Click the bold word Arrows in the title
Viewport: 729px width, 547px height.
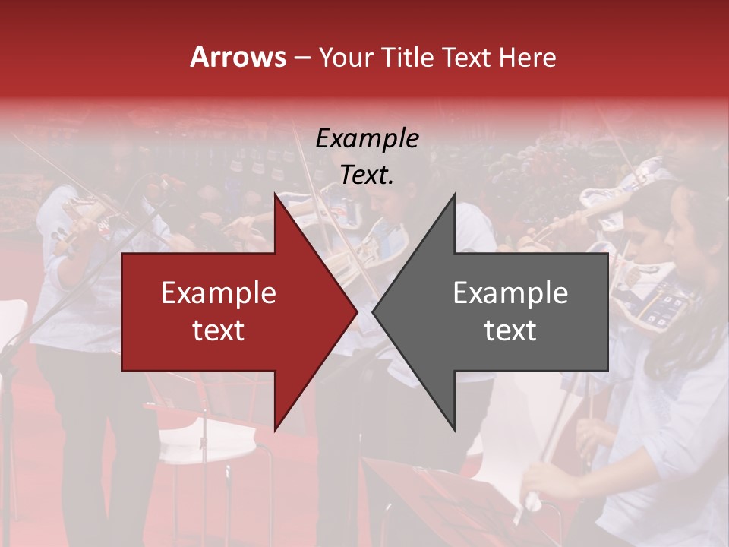pos(238,57)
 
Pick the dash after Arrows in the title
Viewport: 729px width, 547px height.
pos(301,58)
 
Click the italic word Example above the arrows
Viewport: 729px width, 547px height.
pos(368,139)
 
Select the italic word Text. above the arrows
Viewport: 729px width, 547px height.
pos(368,175)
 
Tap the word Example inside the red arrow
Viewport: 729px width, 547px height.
pos(219,293)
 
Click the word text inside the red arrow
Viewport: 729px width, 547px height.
pos(219,330)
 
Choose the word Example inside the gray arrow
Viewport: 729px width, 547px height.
pos(510,293)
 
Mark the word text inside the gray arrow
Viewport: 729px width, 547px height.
pos(510,330)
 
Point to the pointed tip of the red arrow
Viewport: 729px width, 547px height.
pos(357,311)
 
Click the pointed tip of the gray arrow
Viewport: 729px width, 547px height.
pos(373,311)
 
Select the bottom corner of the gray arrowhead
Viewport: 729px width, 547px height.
pos(454,430)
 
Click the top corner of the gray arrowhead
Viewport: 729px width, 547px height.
pos(454,194)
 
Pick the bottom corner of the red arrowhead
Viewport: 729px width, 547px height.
pos(275,430)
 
